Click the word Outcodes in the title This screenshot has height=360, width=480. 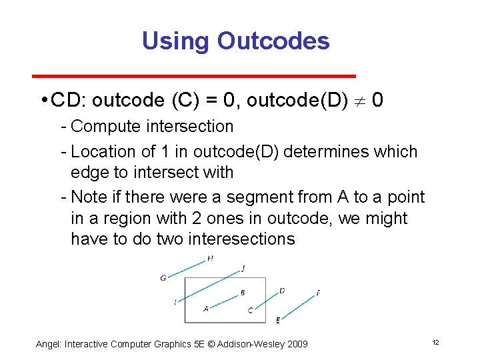tap(273, 41)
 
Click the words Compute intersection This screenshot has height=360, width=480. tap(152, 126)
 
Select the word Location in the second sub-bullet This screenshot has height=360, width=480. tap(101, 152)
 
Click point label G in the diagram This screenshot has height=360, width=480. tap(163, 278)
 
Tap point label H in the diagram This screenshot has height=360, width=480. tap(211, 258)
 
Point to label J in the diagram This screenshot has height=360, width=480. tap(243, 268)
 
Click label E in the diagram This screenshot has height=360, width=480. tap(277, 321)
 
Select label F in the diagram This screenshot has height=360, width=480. tap(318, 293)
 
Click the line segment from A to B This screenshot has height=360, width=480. tap(225, 299)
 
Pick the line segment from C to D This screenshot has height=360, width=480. tap(265, 300)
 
